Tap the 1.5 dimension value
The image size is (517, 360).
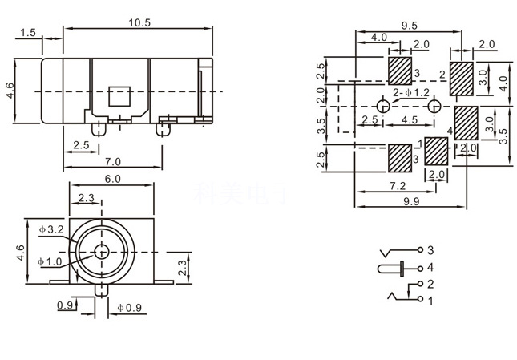pos(28,33)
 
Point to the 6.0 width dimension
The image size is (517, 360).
pos(111,179)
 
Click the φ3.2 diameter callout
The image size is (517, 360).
pos(51,230)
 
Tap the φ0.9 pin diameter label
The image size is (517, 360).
pos(130,307)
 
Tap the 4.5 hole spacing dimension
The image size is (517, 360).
pos(408,120)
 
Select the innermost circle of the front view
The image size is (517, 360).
pos(102,251)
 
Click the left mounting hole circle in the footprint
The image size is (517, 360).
pos(383,107)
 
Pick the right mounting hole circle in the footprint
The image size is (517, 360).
pos(434,107)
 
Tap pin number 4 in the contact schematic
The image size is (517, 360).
pos(430,267)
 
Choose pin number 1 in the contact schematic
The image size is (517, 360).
pos(430,301)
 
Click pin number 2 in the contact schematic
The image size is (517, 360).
pos(430,284)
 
